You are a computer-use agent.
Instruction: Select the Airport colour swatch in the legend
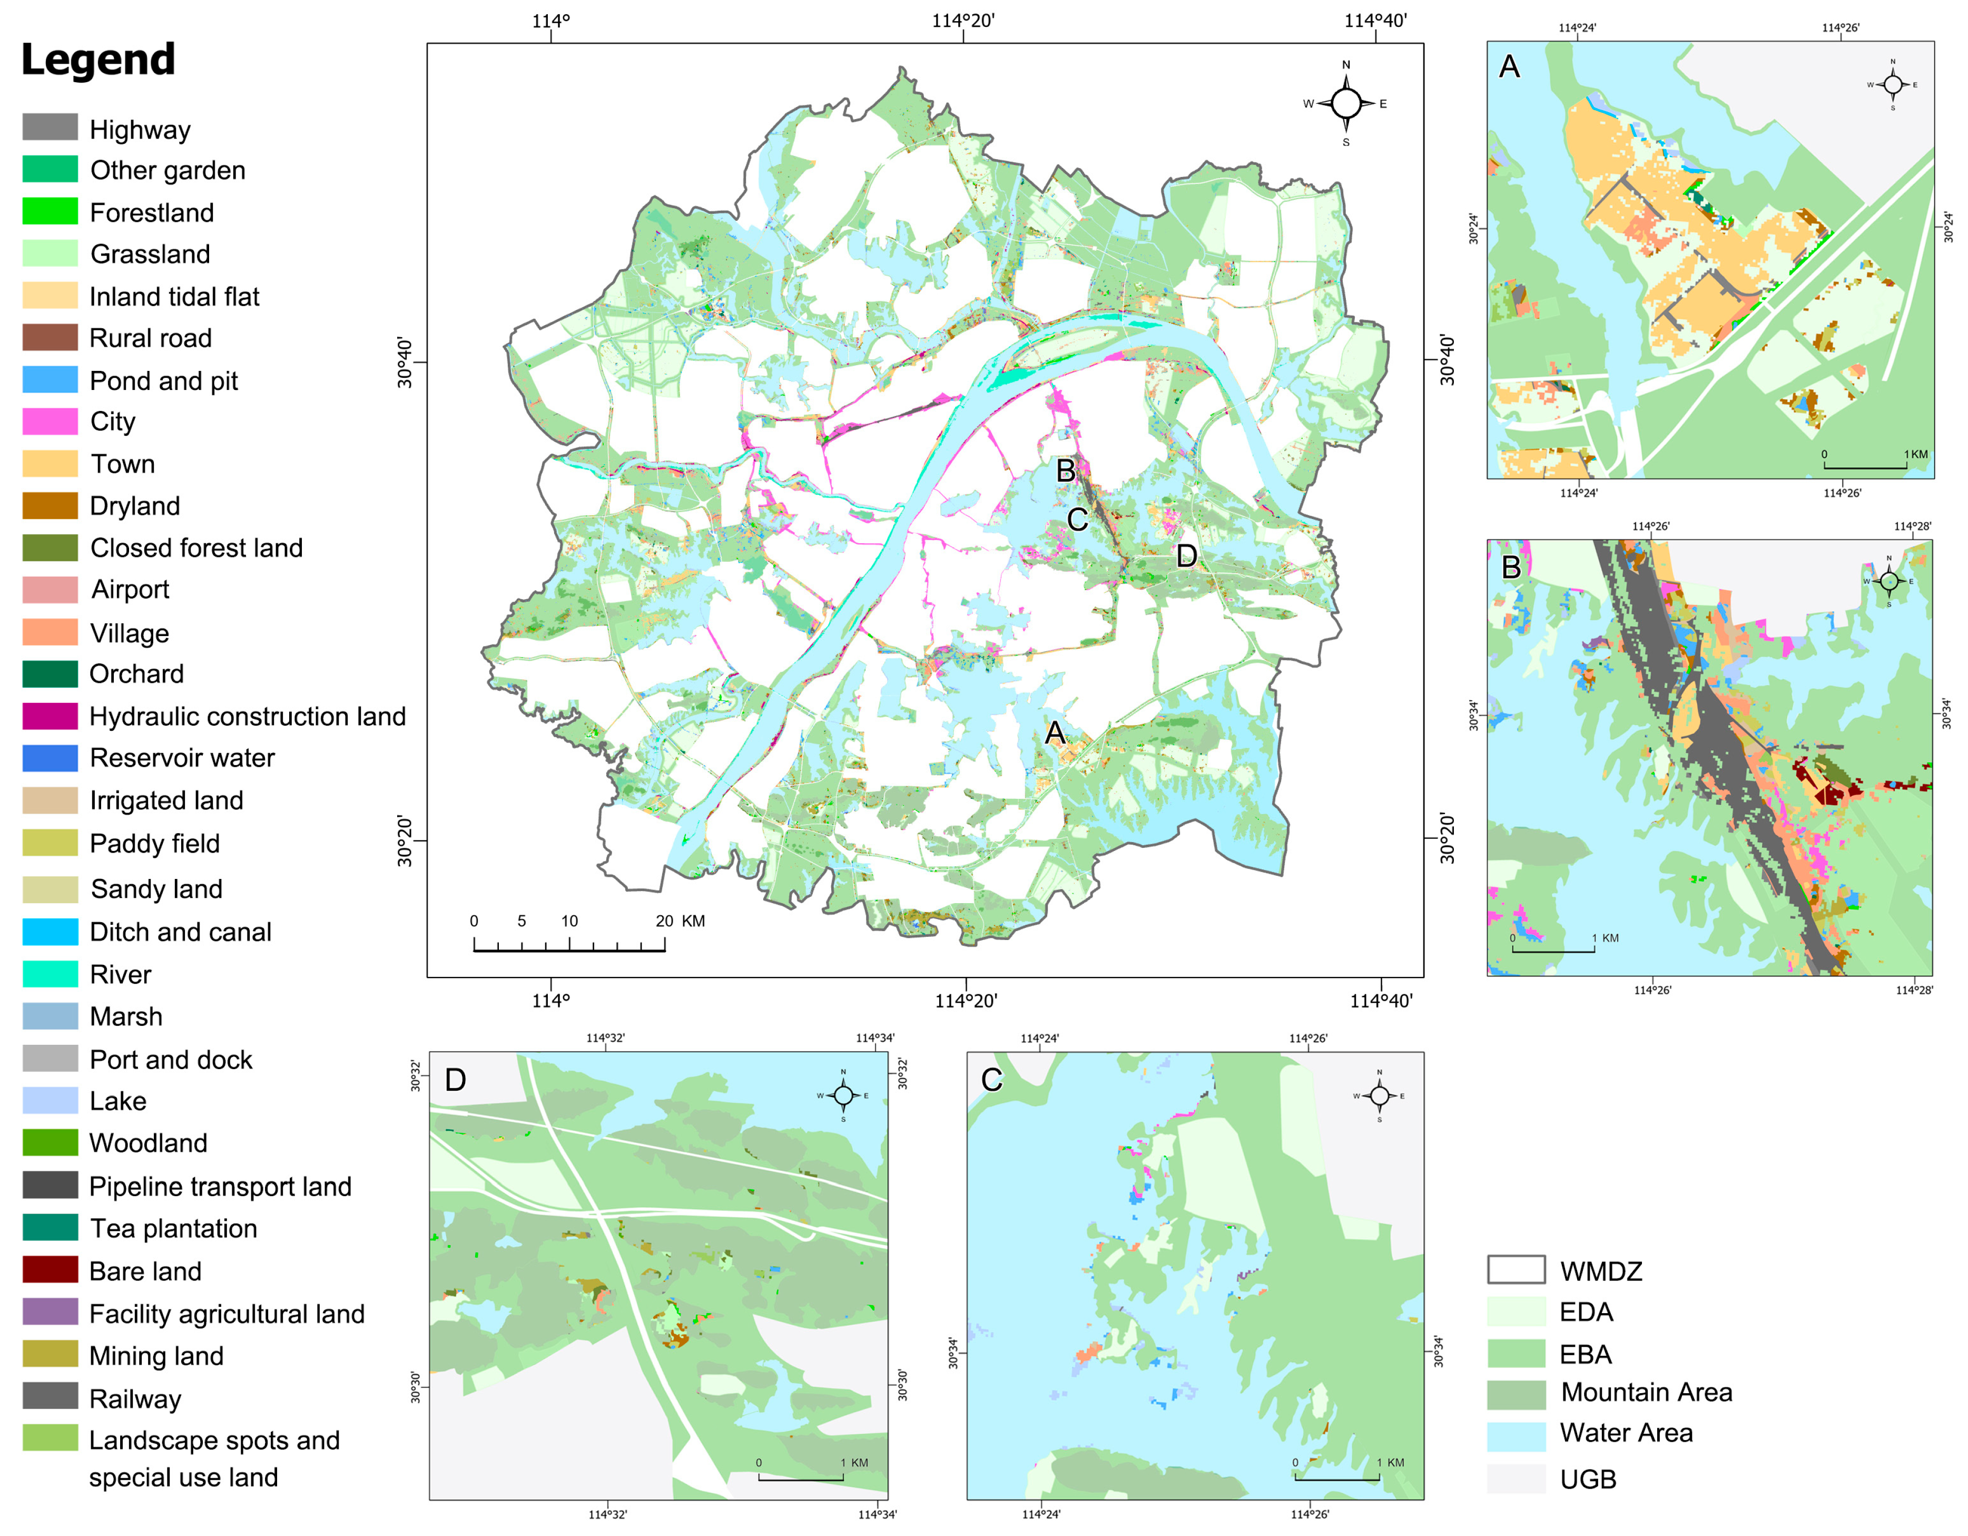point(51,590)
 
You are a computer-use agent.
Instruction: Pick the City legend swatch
point(51,422)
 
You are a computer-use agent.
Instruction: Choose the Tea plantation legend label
point(173,1229)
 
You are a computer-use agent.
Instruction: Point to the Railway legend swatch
point(51,1397)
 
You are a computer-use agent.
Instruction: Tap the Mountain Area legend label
point(1646,1393)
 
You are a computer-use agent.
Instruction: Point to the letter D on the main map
point(1187,556)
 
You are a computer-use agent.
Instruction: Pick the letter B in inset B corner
point(1511,568)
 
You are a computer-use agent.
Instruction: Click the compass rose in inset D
point(843,1095)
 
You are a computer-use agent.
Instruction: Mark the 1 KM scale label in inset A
point(1916,454)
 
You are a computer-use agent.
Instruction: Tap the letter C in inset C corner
point(991,1080)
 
